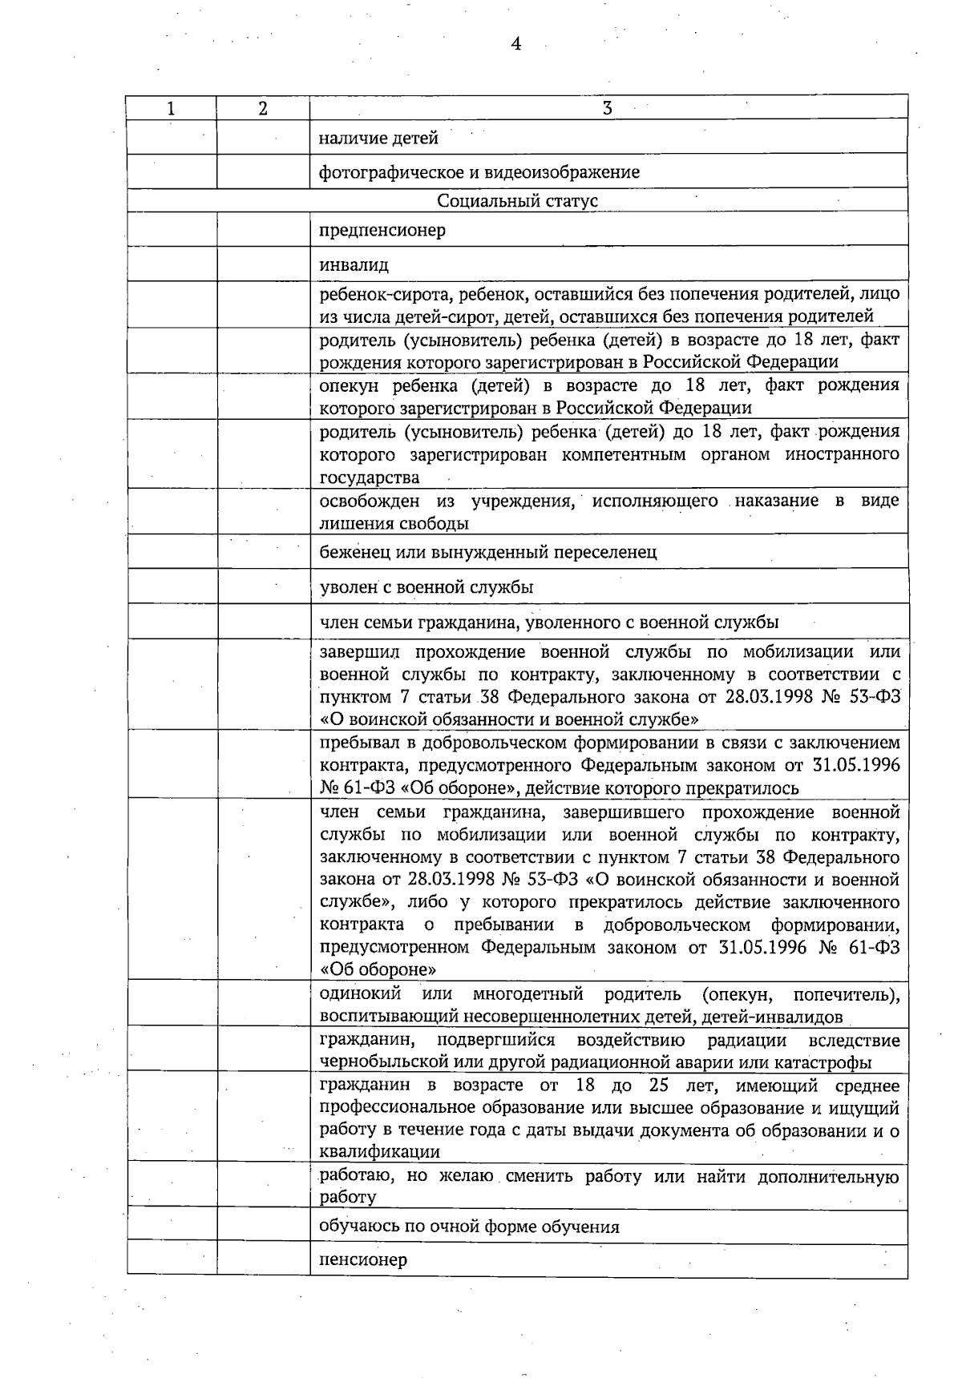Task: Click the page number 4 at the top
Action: click(x=515, y=45)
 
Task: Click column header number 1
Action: click(x=171, y=108)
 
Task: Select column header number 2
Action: click(x=263, y=108)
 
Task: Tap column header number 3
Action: click(x=608, y=108)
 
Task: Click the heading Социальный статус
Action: click(x=517, y=201)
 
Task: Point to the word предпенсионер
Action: click(x=382, y=231)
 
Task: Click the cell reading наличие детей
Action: click(x=378, y=139)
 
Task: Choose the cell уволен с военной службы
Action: click(x=426, y=587)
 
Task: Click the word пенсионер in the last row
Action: click(x=363, y=1259)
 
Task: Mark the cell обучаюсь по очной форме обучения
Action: click(x=469, y=1226)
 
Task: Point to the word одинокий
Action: click(x=360, y=995)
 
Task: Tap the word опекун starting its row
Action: click(x=350, y=386)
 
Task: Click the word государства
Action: click(x=369, y=478)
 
